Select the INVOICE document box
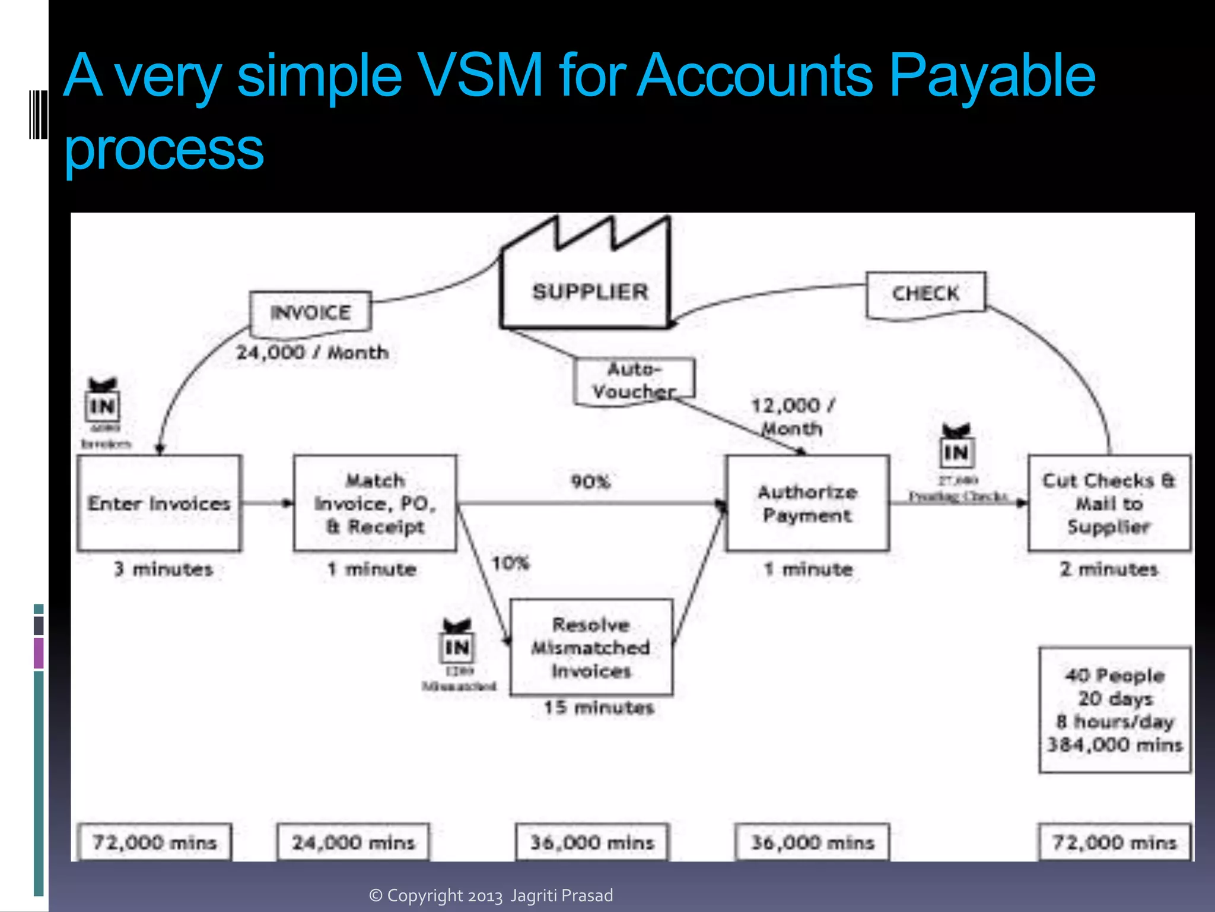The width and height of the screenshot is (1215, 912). tap(310, 312)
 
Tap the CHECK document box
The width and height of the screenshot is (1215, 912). tap(925, 294)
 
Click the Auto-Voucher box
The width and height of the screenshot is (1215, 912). tap(634, 381)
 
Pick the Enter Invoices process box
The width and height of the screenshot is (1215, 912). tap(159, 503)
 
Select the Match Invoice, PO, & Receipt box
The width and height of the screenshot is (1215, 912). tap(375, 503)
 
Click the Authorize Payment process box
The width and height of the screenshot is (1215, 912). tap(807, 503)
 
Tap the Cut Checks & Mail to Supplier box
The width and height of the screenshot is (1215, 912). tap(1109, 503)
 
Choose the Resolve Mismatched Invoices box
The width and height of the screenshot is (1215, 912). tap(591, 647)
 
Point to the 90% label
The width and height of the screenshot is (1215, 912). tap(590, 482)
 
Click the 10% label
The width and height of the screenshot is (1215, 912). tap(510, 562)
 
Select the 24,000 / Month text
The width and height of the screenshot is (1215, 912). tap(313, 353)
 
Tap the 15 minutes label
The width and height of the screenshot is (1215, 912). tap(599, 708)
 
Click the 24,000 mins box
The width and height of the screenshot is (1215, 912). tap(354, 843)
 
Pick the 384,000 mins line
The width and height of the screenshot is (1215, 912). tap(1115, 745)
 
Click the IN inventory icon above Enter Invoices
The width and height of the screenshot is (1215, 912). tap(103, 406)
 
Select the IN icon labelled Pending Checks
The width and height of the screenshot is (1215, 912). tap(956, 452)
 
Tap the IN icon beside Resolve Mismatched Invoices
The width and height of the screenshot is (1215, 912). tap(457, 646)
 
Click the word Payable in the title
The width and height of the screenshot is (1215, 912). tap(992, 76)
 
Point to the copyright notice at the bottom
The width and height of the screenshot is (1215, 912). tap(491, 895)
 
